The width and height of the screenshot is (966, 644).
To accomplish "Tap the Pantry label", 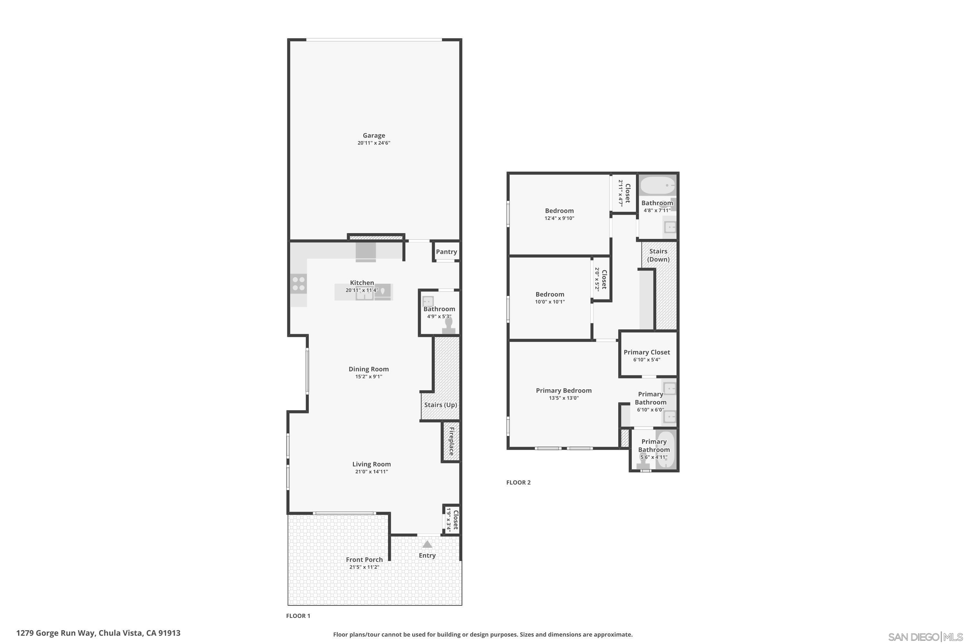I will pyautogui.click(x=446, y=252).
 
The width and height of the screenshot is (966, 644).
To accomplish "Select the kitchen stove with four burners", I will pyautogui.click(x=298, y=284).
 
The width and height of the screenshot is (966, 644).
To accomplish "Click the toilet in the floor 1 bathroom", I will pyautogui.click(x=449, y=325).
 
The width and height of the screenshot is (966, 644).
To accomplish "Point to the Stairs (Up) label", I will pyautogui.click(x=440, y=405).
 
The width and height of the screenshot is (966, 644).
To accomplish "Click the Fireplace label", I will pyautogui.click(x=451, y=441).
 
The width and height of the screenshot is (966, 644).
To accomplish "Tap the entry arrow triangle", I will pyautogui.click(x=427, y=544).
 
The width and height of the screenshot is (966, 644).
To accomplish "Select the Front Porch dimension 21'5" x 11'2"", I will pyautogui.click(x=364, y=567).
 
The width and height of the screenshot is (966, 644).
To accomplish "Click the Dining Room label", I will pyautogui.click(x=368, y=369).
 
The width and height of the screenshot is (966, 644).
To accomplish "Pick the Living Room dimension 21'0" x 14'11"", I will pyautogui.click(x=371, y=471).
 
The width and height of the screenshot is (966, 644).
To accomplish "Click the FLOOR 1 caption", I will pyautogui.click(x=298, y=616).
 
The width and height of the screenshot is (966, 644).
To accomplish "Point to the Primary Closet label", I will pyautogui.click(x=647, y=352).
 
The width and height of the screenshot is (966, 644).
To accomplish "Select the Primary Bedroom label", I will pyautogui.click(x=563, y=391).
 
